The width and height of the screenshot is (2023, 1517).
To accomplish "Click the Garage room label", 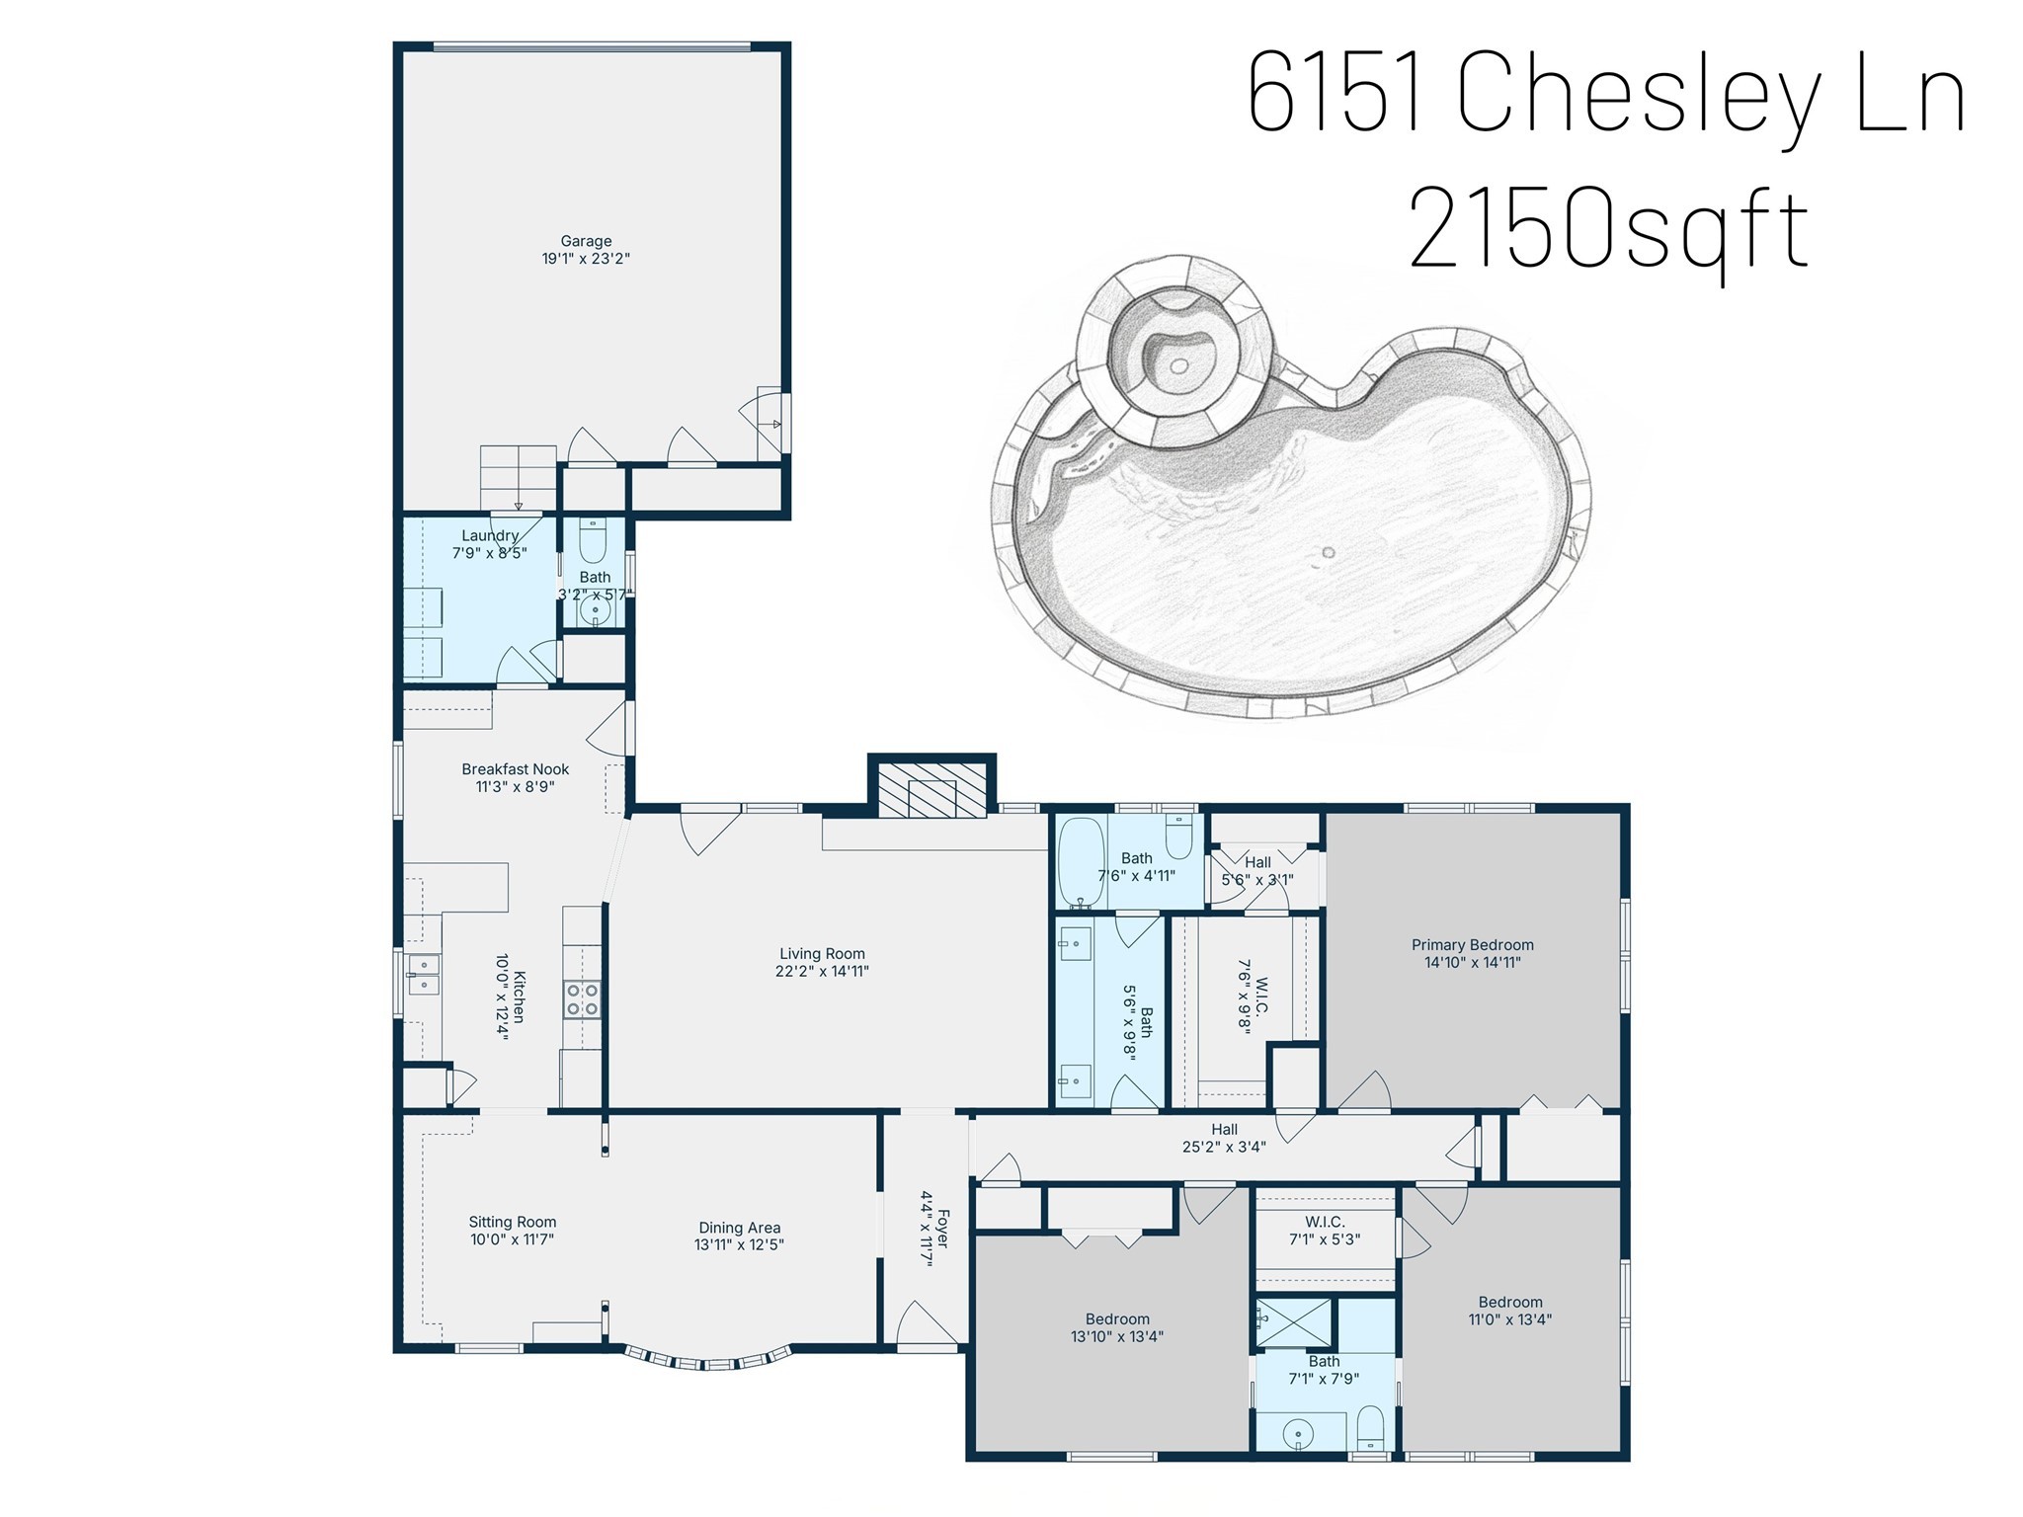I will (586, 241).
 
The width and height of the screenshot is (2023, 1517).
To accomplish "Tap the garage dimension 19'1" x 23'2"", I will (586, 259).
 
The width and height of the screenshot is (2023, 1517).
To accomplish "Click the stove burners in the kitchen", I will (582, 998).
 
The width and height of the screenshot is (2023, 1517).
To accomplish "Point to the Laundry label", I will (490, 535).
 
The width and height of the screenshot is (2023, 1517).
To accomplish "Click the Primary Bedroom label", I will (1472, 944).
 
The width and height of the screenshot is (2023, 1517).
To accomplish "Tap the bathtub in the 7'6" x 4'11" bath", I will (1081, 862).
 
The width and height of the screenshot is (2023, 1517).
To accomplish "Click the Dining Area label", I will (739, 1228).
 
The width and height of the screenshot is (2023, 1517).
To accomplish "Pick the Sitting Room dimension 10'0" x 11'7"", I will (512, 1239).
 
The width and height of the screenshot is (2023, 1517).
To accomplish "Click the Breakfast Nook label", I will (515, 768).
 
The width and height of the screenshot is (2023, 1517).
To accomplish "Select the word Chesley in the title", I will (1639, 96).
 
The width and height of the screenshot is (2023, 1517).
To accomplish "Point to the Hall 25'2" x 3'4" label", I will (1224, 1129).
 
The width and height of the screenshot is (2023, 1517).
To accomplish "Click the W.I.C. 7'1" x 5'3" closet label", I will (1324, 1222).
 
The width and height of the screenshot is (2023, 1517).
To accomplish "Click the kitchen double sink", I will (424, 975).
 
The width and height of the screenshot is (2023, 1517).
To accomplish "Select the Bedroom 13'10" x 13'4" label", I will (1117, 1318).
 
